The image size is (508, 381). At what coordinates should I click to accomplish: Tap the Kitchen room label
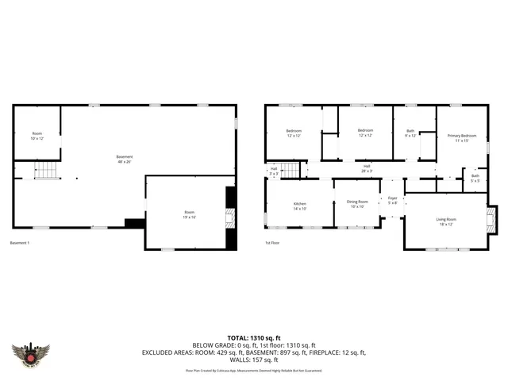[299, 206]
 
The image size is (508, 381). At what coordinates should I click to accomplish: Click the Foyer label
[392, 200]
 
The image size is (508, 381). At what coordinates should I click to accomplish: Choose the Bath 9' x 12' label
[410, 133]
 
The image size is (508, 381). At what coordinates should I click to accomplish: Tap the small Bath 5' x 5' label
[475, 178]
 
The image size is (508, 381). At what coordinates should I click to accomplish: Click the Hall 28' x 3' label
[367, 168]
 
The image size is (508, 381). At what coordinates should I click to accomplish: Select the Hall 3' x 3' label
[274, 170]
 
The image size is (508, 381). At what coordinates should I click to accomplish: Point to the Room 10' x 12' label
[37, 136]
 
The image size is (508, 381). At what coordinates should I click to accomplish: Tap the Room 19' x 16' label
[190, 214]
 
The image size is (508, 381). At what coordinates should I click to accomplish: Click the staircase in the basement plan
[49, 170]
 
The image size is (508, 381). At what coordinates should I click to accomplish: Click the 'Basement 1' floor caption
[20, 243]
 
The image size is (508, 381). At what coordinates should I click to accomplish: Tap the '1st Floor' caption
[272, 243]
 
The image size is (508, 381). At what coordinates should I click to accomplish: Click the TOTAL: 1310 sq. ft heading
[253, 337]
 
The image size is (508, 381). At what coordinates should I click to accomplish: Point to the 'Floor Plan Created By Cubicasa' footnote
[253, 369]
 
